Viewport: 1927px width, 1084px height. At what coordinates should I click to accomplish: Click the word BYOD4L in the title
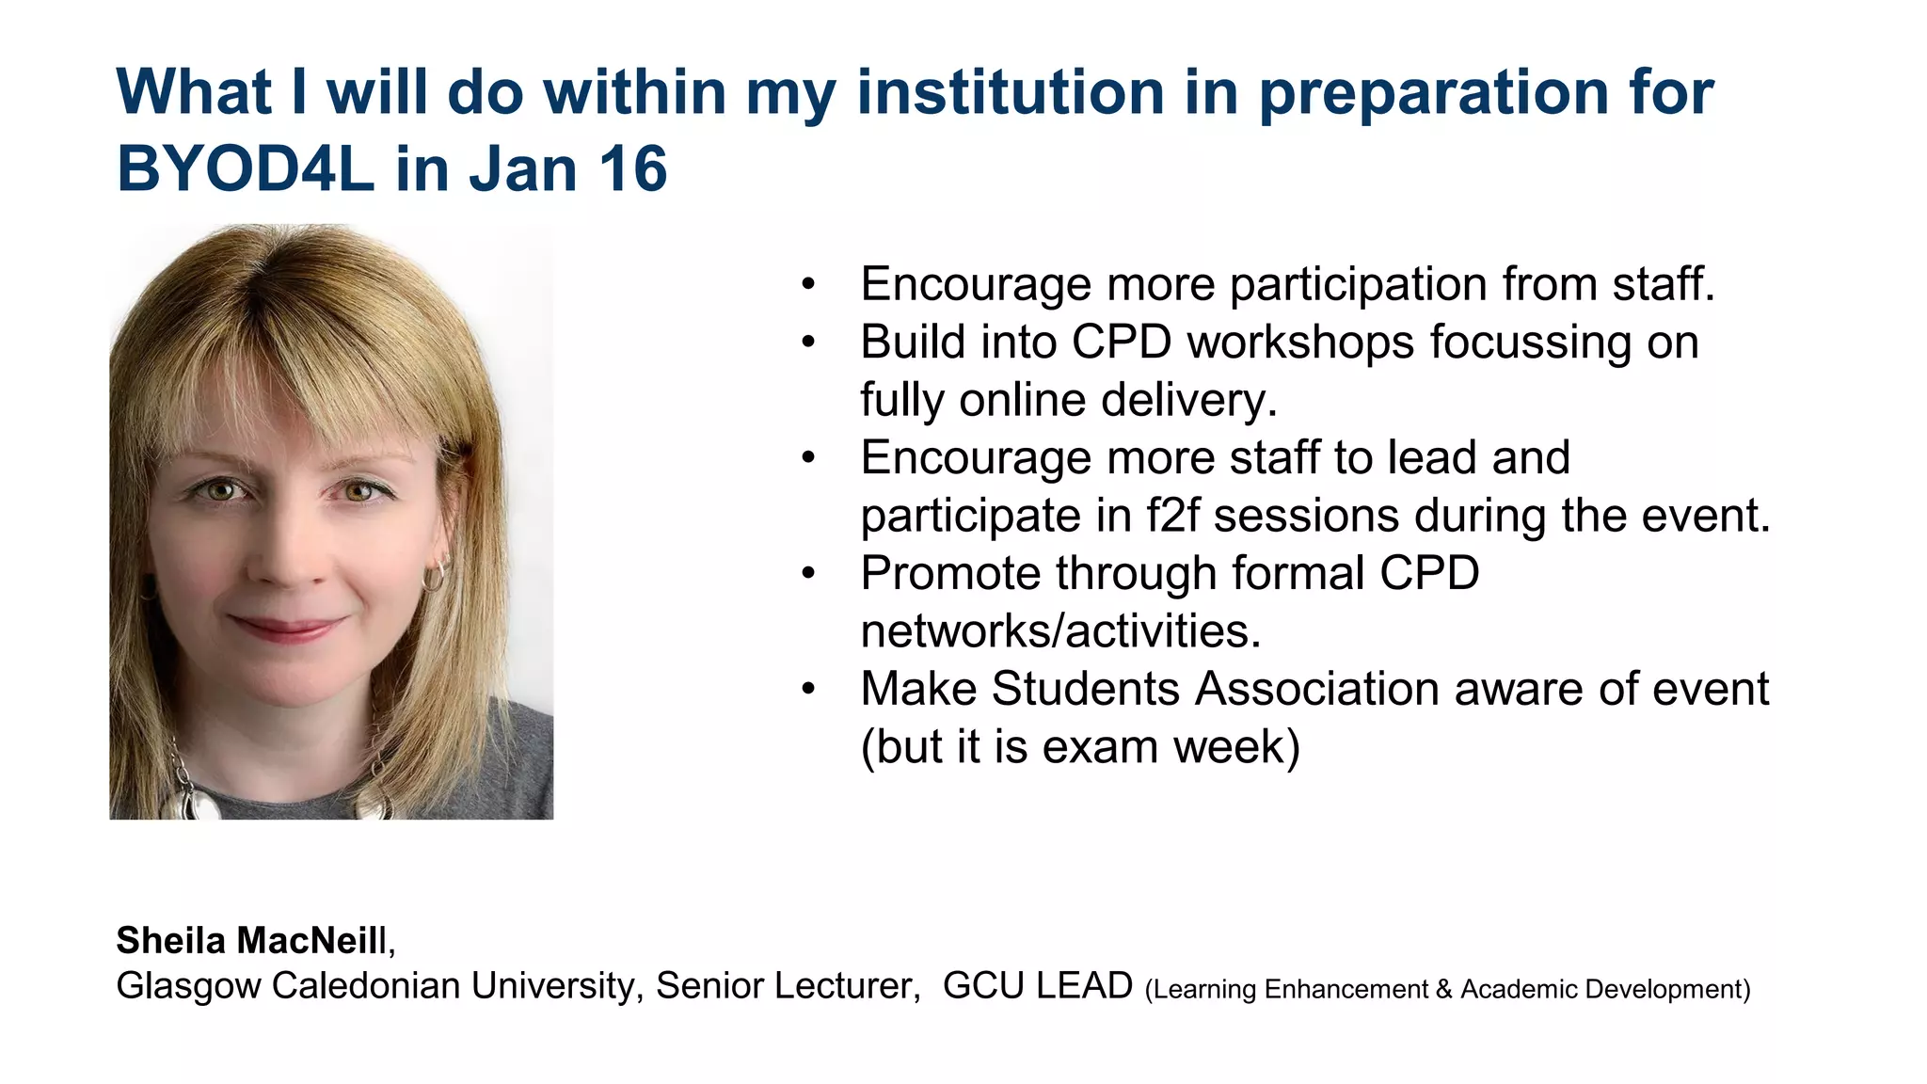click(245, 169)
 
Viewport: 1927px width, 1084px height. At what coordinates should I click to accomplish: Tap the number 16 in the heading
click(632, 169)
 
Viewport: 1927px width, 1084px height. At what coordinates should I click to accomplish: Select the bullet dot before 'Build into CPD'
click(807, 343)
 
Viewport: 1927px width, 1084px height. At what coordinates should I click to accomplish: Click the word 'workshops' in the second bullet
click(1300, 343)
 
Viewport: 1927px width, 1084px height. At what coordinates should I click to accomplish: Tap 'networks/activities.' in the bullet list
click(1060, 631)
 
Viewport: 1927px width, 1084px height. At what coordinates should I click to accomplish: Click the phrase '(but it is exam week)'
click(1080, 747)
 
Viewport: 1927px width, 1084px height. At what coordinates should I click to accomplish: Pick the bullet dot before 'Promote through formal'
click(807, 574)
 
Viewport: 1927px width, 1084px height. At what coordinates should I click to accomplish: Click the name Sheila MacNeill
click(251, 940)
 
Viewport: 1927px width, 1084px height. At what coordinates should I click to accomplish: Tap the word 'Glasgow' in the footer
click(188, 986)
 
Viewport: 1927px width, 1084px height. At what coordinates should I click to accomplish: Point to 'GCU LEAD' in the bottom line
click(1037, 986)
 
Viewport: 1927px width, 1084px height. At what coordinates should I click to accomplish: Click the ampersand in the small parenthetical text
click(1444, 990)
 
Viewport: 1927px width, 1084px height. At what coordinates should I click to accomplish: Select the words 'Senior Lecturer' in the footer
click(787, 986)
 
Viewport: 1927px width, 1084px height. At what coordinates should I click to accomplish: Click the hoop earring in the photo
click(435, 573)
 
